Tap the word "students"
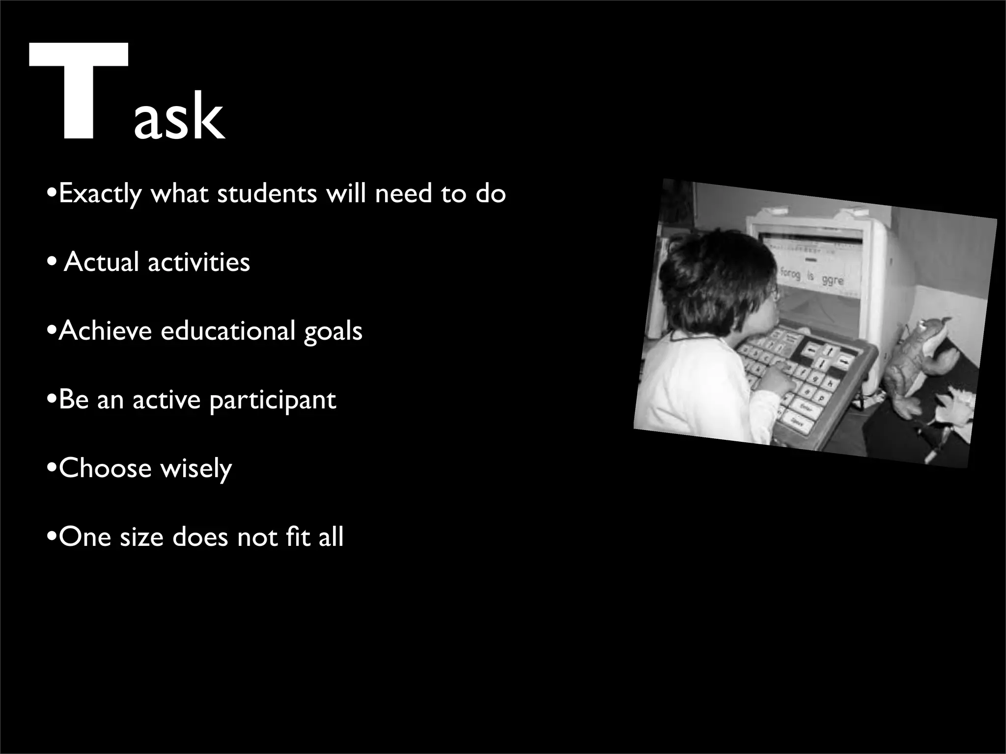click(267, 193)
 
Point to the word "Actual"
click(101, 262)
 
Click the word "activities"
click(198, 262)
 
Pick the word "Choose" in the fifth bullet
click(105, 468)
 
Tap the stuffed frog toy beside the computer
click(914, 363)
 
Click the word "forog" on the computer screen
click(790, 273)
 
